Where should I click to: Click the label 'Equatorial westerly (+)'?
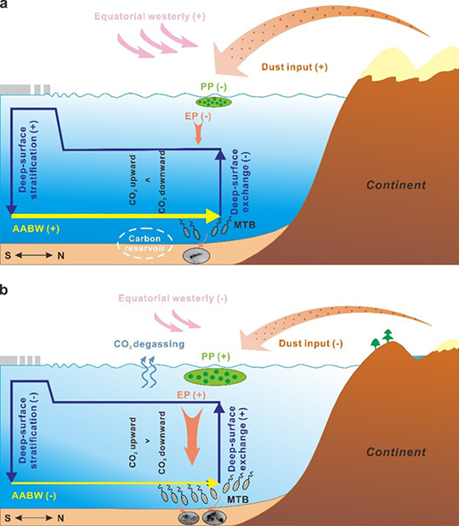tap(150, 16)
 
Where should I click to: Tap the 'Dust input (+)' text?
tap(295, 67)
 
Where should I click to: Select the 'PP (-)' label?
tap(213, 87)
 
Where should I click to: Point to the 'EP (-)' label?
tap(198, 116)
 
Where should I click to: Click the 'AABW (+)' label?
tap(36, 229)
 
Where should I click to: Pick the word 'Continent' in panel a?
tap(396, 185)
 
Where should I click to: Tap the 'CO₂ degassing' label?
tap(150, 344)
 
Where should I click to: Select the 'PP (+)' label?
tap(216, 356)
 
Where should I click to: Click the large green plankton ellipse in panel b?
tap(215, 376)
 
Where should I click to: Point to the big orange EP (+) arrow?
tap(191, 436)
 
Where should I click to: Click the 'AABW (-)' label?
tap(34, 495)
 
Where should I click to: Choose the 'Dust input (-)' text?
tap(311, 343)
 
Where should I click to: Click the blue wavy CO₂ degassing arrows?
tap(147, 372)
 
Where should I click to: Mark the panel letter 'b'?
tap(3, 290)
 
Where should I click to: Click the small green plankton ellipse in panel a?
tap(213, 101)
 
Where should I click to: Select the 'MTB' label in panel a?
tap(245, 224)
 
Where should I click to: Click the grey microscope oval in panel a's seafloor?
tap(196, 256)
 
